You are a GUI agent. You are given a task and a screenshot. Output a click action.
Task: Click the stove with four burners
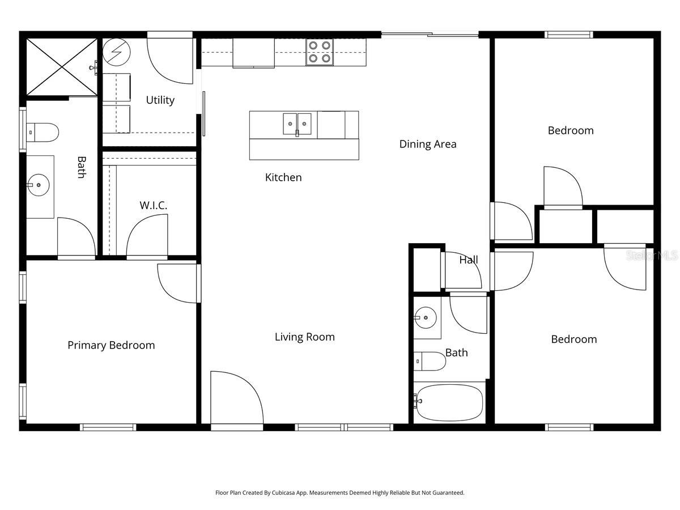[320, 52]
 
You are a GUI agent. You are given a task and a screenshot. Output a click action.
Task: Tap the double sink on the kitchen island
[297, 124]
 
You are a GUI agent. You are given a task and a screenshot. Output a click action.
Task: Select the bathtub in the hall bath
[449, 402]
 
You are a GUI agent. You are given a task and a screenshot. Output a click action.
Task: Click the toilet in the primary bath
[43, 133]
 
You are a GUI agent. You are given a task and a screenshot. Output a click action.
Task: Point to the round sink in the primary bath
[39, 185]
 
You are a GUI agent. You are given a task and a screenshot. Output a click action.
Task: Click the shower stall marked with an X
[62, 66]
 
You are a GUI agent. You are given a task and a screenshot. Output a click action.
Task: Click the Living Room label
[305, 337]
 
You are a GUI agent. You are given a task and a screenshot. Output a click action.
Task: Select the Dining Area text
[428, 144]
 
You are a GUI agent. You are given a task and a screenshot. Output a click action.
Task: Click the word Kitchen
[283, 177]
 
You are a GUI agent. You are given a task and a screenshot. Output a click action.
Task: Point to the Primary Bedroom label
[111, 345]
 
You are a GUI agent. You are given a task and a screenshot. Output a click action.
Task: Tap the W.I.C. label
[154, 205]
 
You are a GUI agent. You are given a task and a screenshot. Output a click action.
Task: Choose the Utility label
[160, 100]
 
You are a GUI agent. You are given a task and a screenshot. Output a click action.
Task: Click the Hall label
[469, 260]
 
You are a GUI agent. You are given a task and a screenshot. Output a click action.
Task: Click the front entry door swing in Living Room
[235, 398]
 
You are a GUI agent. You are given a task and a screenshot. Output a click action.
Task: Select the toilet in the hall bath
[430, 361]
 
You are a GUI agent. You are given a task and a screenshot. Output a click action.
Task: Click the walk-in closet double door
[147, 238]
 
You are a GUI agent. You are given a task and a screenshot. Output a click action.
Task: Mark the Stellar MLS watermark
[651, 256]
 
